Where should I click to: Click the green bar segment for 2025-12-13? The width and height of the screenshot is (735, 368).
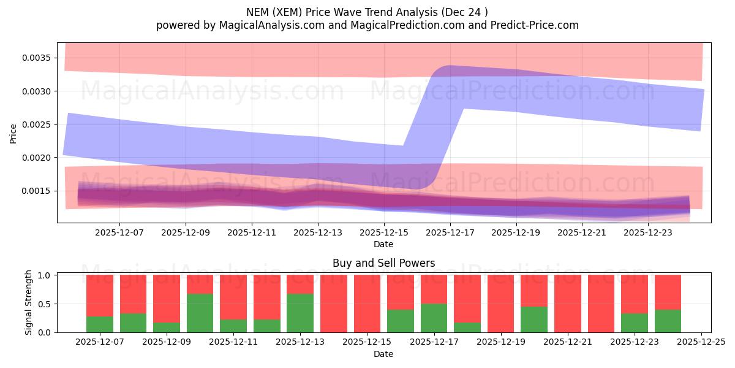tap(300, 313)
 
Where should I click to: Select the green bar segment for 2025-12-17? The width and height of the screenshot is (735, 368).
tap(434, 318)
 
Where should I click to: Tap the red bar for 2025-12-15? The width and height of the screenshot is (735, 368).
tap(367, 304)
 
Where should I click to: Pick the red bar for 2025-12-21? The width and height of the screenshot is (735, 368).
tap(568, 304)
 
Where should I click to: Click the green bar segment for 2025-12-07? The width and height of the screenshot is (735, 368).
tap(99, 324)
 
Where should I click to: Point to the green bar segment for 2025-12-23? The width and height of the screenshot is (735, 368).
tap(635, 323)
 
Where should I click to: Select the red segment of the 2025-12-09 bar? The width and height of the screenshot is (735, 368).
tap(167, 298)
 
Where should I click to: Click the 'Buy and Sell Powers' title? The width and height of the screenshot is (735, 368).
tap(383, 263)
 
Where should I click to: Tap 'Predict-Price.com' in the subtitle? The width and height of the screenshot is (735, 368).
tap(535, 25)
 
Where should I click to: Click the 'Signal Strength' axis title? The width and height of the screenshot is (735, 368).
tap(29, 303)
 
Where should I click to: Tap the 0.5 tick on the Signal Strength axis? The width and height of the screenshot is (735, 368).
tap(45, 304)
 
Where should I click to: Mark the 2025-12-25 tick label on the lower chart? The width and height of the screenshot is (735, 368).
tap(701, 342)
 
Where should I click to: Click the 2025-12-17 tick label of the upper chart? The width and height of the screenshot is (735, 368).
tap(450, 233)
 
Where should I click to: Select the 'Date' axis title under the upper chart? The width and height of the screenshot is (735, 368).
tap(383, 244)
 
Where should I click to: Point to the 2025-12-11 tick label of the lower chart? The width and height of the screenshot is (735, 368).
tap(234, 342)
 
